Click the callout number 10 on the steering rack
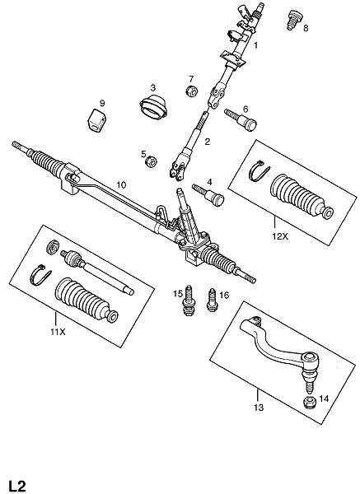coord(121,185)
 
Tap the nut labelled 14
coord(310,403)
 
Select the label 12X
coord(280,236)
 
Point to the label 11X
coord(58,332)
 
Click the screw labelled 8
coord(293,20)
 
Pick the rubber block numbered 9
coord(96,120)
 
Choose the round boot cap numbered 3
coord(153,107)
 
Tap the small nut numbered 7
coord(191,91)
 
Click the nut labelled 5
coord(152,162)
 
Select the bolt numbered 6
coord(241,119)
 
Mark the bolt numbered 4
coord(208,194)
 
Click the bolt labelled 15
coord(189,301)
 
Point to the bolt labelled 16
coord(213,300)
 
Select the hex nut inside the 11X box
coord(53,247)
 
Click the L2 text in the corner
coord(17,487)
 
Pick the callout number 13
coord(259,408)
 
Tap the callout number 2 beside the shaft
coord(207,142)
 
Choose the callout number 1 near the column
coord(256,45)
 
